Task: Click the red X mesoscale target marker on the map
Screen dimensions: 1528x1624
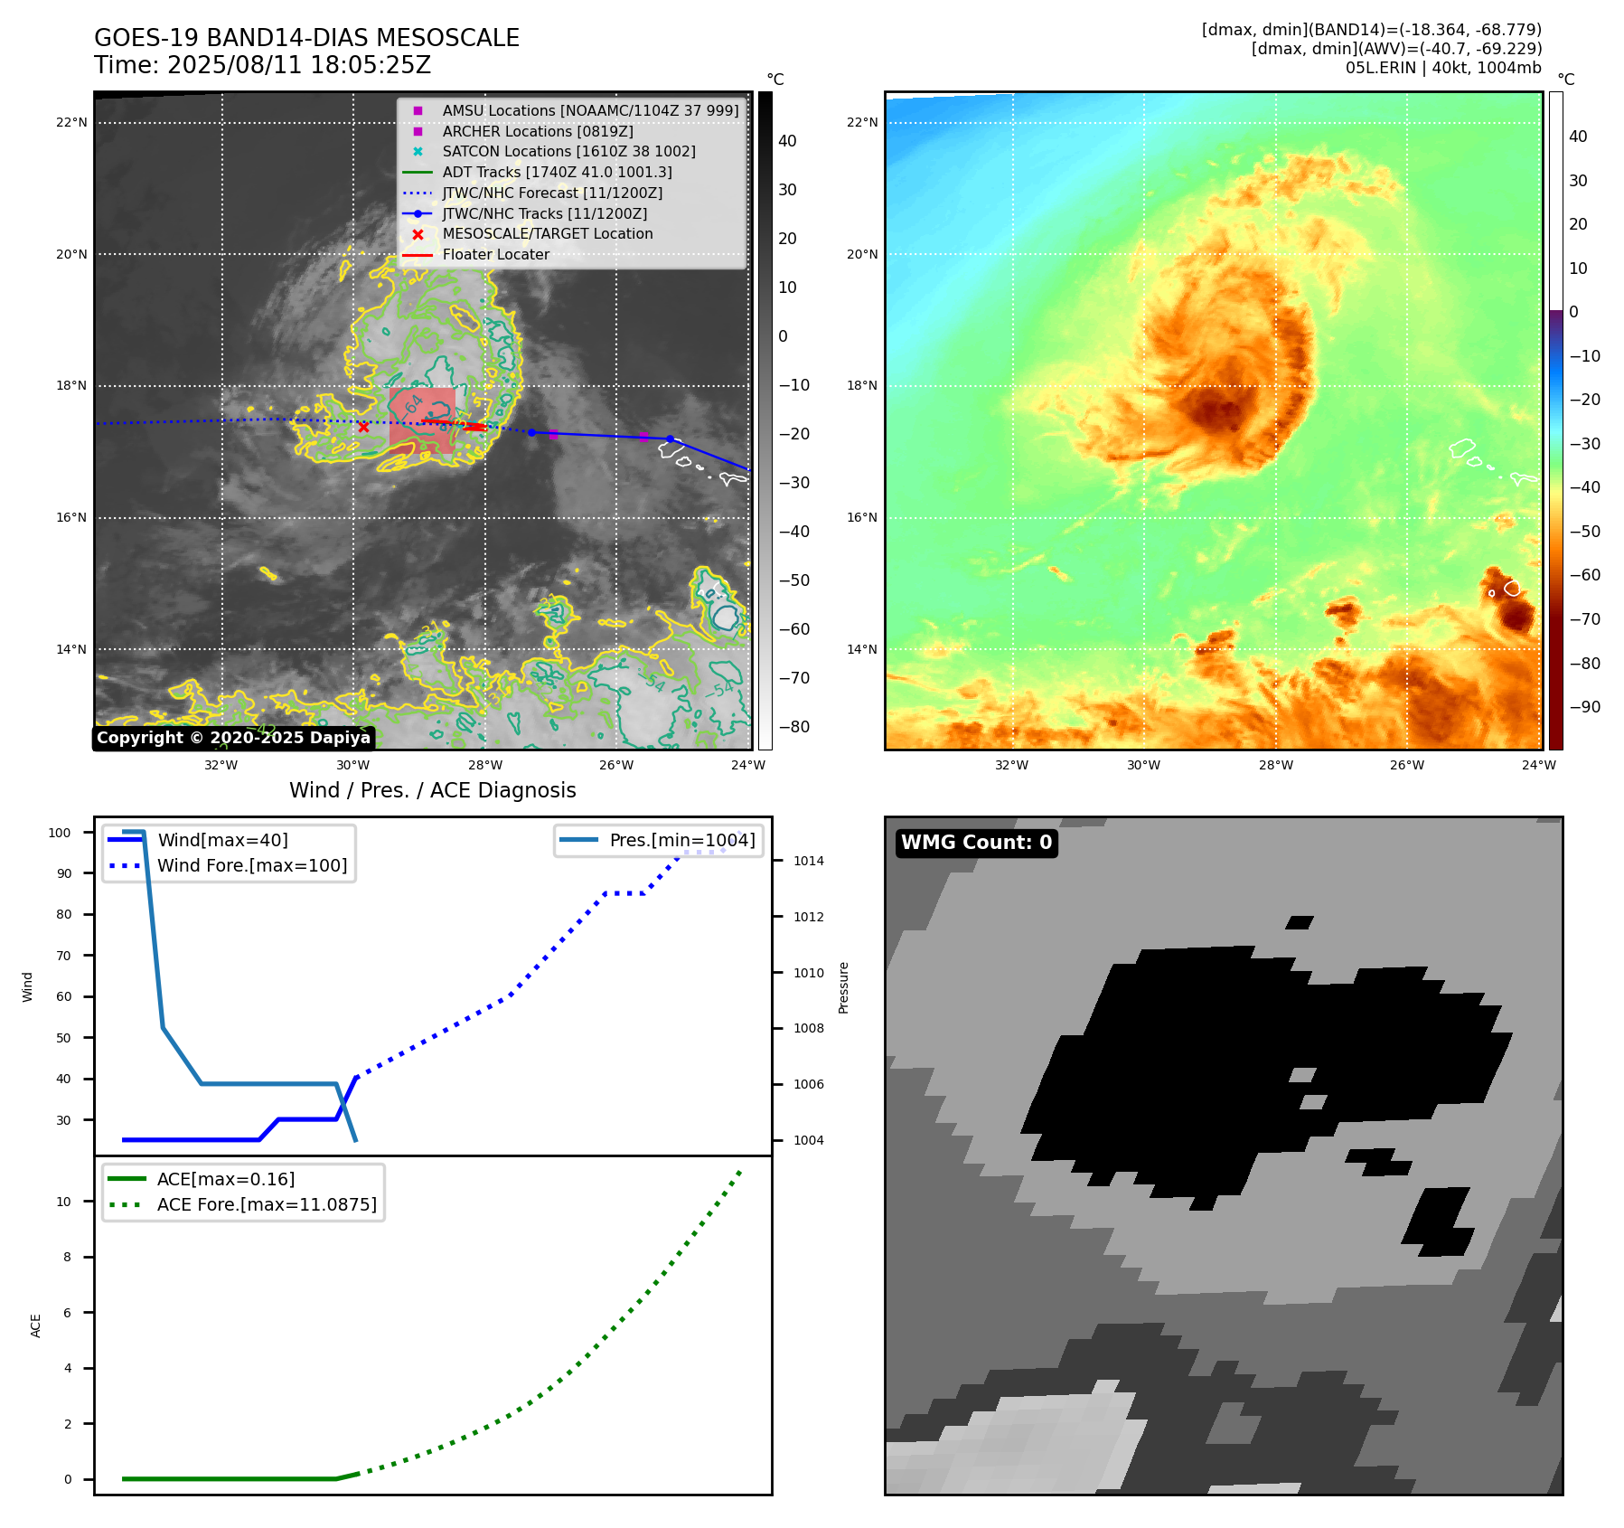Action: pos(363,427)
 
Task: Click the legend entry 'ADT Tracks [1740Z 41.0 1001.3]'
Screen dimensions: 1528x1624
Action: pos(557,172)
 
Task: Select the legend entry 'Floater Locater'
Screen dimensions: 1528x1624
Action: pos(495,255)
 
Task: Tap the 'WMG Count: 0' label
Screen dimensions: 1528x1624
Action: pos(976,843)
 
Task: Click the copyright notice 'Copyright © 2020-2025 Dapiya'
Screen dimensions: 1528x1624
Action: pos(233,738)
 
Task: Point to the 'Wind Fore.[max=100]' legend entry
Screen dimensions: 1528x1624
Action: pos(252,865)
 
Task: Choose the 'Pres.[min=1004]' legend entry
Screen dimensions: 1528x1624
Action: pos(681,840)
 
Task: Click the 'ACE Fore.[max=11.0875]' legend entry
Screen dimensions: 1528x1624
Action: pos(267,1204)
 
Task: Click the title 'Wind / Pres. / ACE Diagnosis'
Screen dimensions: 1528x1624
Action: pos(432,790)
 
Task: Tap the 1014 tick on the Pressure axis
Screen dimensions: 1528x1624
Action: pos(808,861)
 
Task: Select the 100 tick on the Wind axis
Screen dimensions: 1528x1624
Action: pos(60,833)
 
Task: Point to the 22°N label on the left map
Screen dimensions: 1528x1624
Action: pos(72,123)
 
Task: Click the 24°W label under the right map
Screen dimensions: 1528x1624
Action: pos(1538,765)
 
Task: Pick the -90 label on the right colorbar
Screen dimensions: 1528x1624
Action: pos(1584,707)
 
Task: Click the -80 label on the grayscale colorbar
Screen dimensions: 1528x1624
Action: pos(794,727)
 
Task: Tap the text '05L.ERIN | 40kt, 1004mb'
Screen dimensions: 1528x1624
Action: pos(1443,68)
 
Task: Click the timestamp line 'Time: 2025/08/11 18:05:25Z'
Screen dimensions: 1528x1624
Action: pos(262,66)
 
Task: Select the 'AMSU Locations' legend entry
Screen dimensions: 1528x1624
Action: pos(589,110)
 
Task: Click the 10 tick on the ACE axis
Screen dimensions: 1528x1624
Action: pos(64,1202)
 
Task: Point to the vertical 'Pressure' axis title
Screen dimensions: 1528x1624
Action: pos(843,987)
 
